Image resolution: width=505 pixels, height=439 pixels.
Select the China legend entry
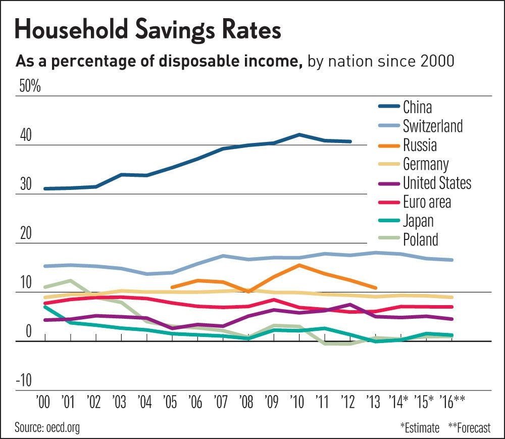[x=417, y=107]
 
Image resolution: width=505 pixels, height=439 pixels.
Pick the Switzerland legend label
[x=432, y=126]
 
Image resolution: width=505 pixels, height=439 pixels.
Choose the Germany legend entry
[x=425, y=164]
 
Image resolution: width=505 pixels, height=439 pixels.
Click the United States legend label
[x=437, y=183]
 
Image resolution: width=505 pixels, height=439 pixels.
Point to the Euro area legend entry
[x=427, y=202]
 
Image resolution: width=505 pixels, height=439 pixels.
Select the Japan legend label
[x=418, y=221]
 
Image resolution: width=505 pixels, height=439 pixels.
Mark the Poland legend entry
[x=420, y=239]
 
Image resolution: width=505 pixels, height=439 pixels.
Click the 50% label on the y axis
[x=29, y=86]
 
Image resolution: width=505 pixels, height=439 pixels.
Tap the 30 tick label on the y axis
[x=25, y=185]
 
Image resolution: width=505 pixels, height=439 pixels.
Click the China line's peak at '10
[x=299, y=135]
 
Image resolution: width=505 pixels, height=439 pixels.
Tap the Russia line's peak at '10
[x=299, y=265]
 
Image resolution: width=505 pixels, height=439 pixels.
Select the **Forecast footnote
[x=469, y=428]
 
